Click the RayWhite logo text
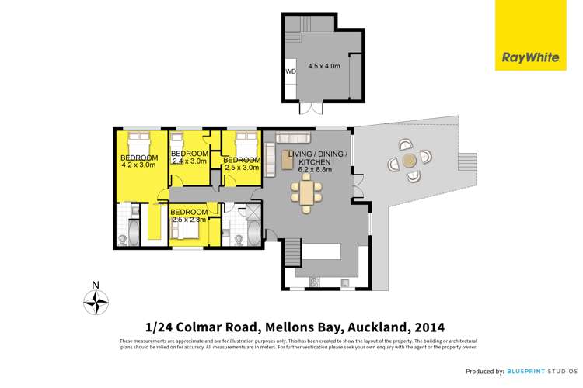pyautogui.click(x=520, y=57)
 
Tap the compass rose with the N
pyautogui.click(x=96, y=300)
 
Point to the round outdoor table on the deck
pyautogui.click(x=409, y=161)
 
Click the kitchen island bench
pyautogui.click(x=322, y=251)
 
